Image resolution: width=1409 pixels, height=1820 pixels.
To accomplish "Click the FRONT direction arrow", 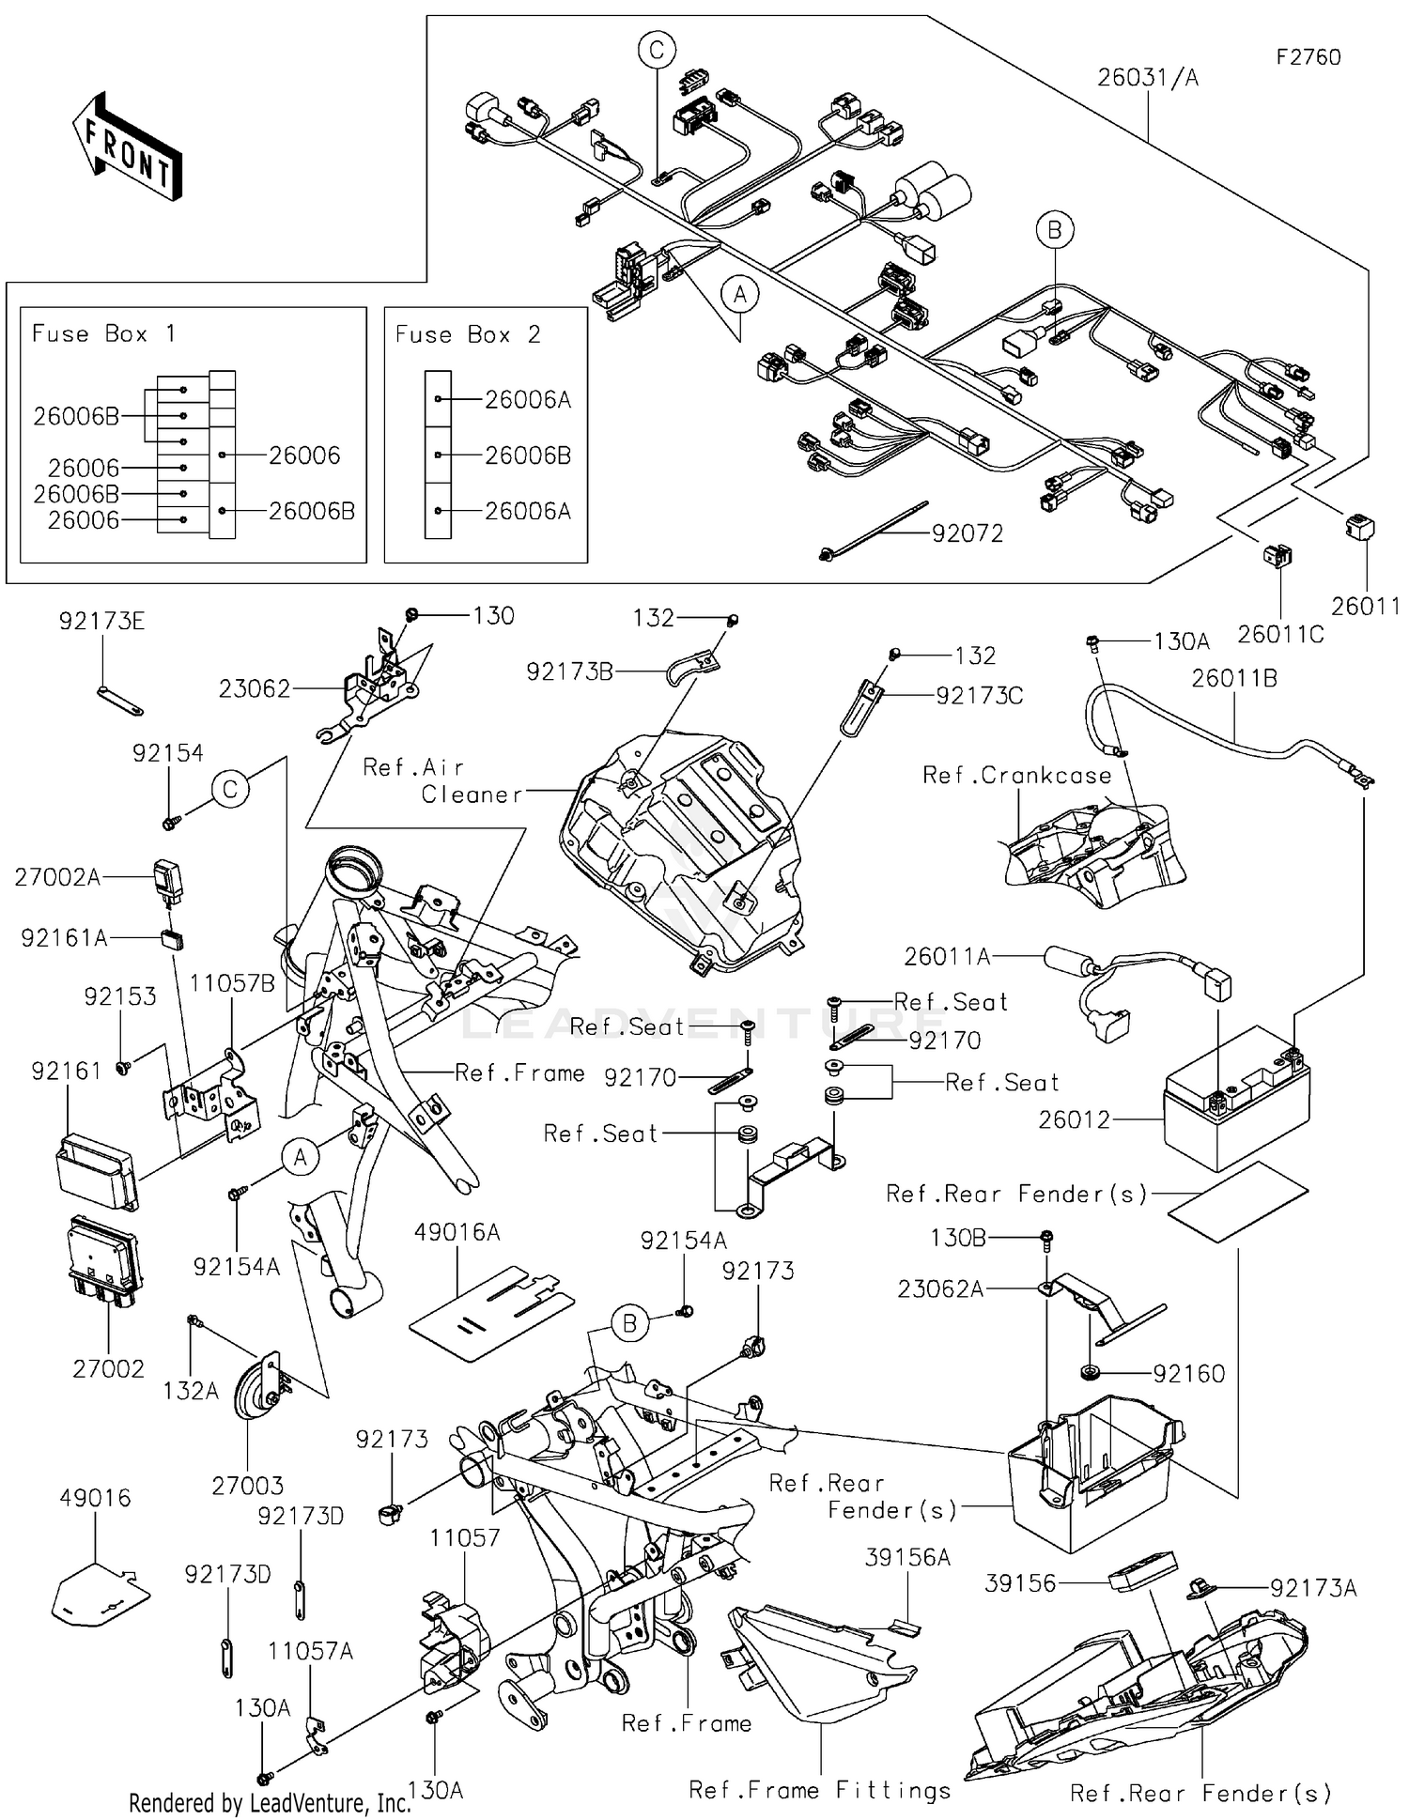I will point(127,148).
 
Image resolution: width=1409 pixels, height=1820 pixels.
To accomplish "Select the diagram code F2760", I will point(1308,57).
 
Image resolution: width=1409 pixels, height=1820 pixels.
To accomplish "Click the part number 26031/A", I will point(1147,78).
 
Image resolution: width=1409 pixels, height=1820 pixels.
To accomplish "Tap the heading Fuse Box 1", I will point(103,334).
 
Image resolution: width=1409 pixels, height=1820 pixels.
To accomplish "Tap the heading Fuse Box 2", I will point(467,335).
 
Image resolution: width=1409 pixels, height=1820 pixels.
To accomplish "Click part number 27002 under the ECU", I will point(108,1369).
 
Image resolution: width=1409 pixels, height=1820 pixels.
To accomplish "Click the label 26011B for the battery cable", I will point(1233,678).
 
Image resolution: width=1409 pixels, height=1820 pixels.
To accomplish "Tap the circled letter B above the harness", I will point(1055,230).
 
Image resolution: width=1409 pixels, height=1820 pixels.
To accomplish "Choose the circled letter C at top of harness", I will point(657,50).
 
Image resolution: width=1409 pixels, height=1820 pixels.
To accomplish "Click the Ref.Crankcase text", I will point(1016,776).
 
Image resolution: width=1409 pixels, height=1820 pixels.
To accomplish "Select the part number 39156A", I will point(906,1558).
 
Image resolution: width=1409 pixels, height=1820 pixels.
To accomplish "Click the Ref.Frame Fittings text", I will point(819,1791).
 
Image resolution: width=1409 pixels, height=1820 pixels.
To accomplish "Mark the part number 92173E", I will point(101,622).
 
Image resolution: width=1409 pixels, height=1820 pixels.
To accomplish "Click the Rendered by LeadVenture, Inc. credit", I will point(270,1803).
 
